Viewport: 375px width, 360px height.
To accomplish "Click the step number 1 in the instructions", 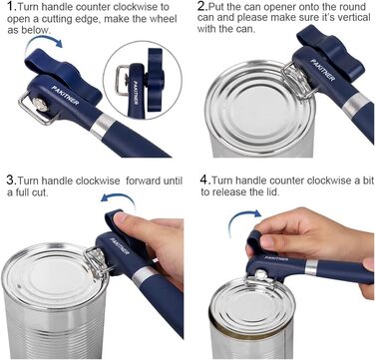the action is pyautogui.click(x=10, y=7).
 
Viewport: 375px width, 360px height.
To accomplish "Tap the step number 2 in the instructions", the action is pyautogui.click(x=201, y=6).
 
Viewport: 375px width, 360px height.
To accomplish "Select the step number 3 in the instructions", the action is pyautogui.click(x=10, y=180).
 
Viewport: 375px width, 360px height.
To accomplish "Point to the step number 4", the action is pyautogui.click(x=203, y=180).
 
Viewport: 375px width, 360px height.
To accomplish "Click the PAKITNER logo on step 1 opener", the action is pyautogui.click(x=66, y=96).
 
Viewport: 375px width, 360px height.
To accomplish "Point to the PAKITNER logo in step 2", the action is pyautogui.click(x=322, y=70).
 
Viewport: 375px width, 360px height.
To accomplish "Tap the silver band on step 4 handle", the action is pyautogui.click(x=311, y=267).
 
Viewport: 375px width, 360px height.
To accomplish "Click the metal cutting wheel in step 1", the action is pyautogui.click(x=41, y=104).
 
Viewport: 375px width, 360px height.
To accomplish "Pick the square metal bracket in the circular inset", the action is pyautogui.click(x=122, y=80).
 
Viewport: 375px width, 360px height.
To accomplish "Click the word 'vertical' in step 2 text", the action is pyautogui.click(x=352, y=18).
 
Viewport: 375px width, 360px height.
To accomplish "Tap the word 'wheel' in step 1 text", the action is pyautogui.click(x=163, y=19).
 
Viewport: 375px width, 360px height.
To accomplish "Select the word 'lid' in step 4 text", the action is pyautogui.click(x=272, y=191).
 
